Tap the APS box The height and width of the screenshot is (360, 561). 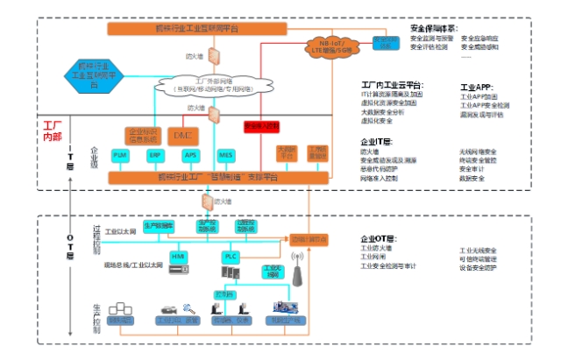pyautogui.click(x=191, y=155)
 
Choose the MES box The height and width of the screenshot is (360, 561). pyautogui.click(x=225, y=155)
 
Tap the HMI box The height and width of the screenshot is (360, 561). pyautogui.click(x=180, y=256)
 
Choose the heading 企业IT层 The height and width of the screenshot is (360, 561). pyautogui.click(x=377, y=141)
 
